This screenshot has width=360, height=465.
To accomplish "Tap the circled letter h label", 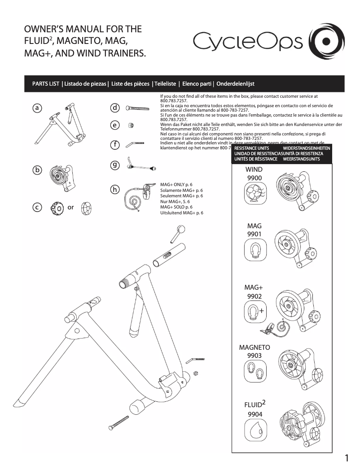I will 115,190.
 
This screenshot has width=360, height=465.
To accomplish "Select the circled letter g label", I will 115,165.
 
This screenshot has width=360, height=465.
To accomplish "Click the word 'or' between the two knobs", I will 70,208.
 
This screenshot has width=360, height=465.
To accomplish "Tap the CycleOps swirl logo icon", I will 327,41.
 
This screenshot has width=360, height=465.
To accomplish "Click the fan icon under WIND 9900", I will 254,196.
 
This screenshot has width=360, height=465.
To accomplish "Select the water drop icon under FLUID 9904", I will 253,433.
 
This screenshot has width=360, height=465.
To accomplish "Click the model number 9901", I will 254,235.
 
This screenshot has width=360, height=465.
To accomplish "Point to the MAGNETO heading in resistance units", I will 255,348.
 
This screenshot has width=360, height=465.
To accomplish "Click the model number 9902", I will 255,296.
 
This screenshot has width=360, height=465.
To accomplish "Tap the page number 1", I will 347,458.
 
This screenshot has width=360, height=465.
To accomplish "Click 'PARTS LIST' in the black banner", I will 46,84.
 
